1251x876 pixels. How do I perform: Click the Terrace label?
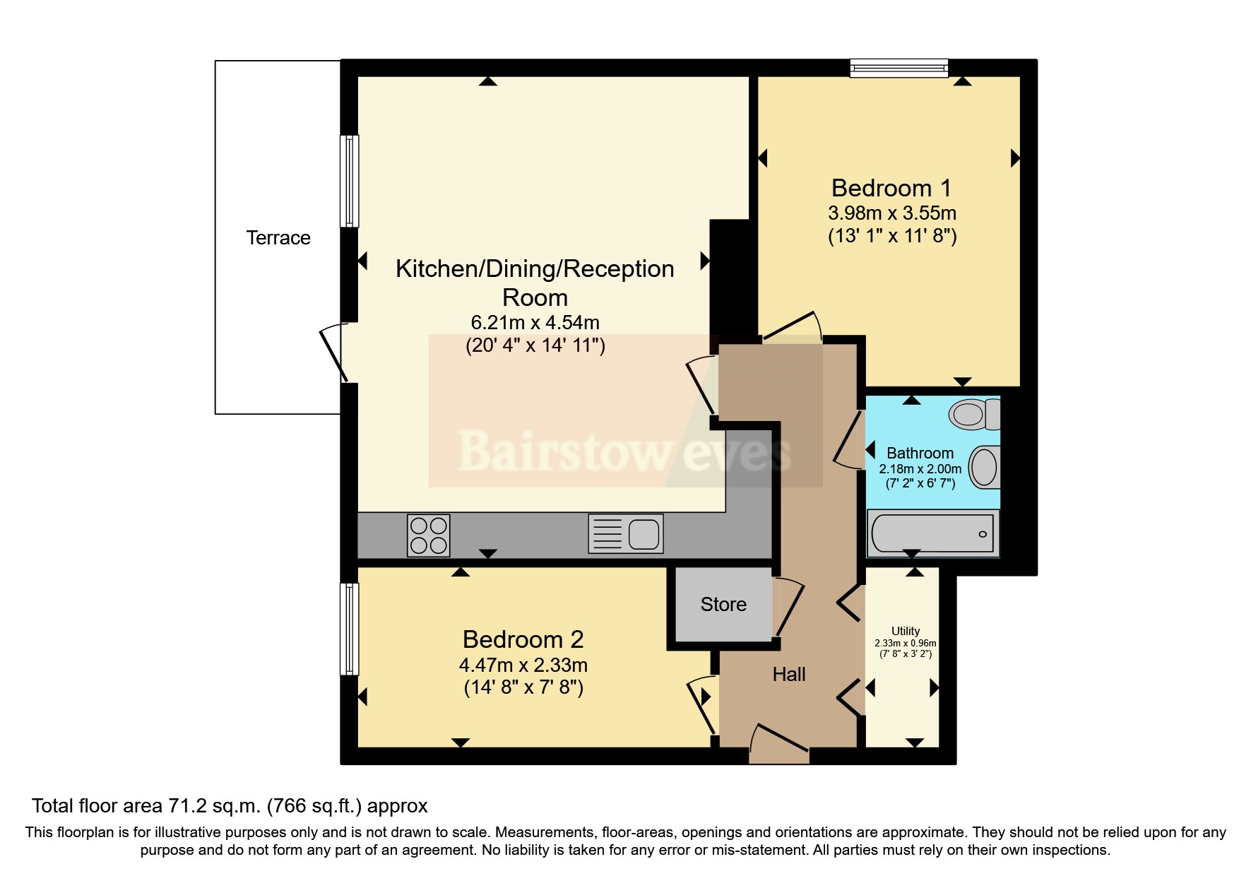tap(278, 238)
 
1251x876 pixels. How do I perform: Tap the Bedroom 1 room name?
tap(891, 188)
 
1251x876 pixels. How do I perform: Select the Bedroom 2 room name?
tap(523, 639)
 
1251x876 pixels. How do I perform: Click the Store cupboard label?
tap(723, 604)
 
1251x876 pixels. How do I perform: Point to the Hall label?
tap(789, 674)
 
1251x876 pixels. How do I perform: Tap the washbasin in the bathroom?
tap(984, 467)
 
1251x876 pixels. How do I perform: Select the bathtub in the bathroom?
tap(932, 533)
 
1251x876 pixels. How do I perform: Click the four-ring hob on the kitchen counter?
tap(429, 535)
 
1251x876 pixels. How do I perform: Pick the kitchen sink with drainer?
tap(626, 533)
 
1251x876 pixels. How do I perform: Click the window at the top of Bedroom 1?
tap(899, 68)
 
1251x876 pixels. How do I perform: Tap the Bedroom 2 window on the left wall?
tap(349, 629)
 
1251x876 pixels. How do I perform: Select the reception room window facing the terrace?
tap(349, 181)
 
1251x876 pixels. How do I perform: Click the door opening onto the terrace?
tap(333, 353)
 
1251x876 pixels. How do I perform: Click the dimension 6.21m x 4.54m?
tap(535, 323)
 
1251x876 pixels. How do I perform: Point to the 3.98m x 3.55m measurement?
tap(892, 213)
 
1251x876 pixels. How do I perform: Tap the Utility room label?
tap(906, 631)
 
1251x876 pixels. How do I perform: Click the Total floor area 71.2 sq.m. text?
tap(230, 806)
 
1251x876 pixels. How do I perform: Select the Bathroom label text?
tap(920, 453)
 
